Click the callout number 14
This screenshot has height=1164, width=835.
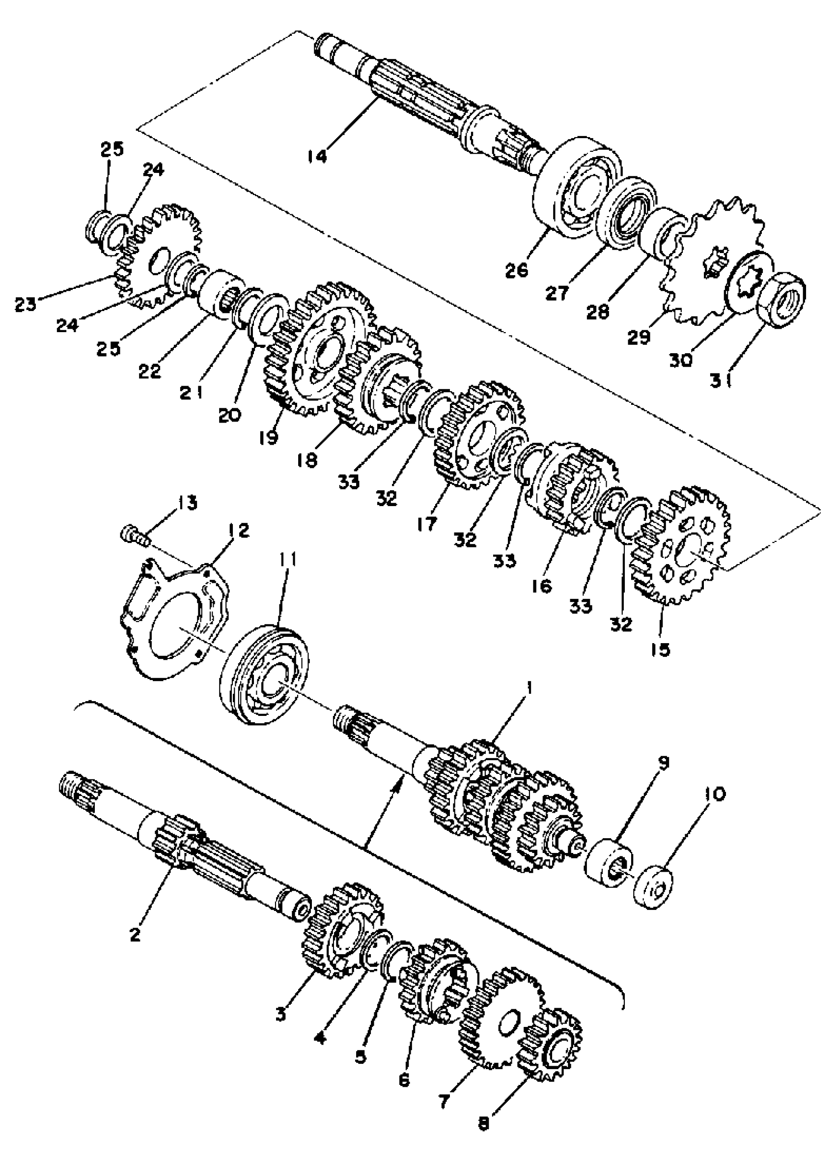point(318,155)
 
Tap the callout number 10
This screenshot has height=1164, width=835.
point(716,795)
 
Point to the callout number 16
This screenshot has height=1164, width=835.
point(543,585)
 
